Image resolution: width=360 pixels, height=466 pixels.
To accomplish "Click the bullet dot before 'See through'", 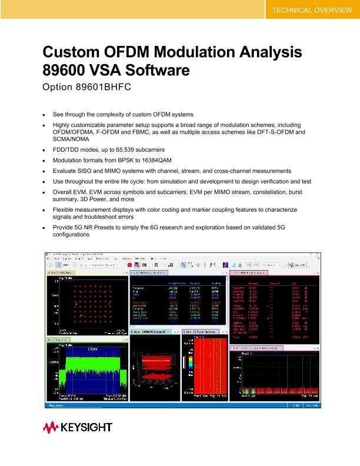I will pos(44,114).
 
